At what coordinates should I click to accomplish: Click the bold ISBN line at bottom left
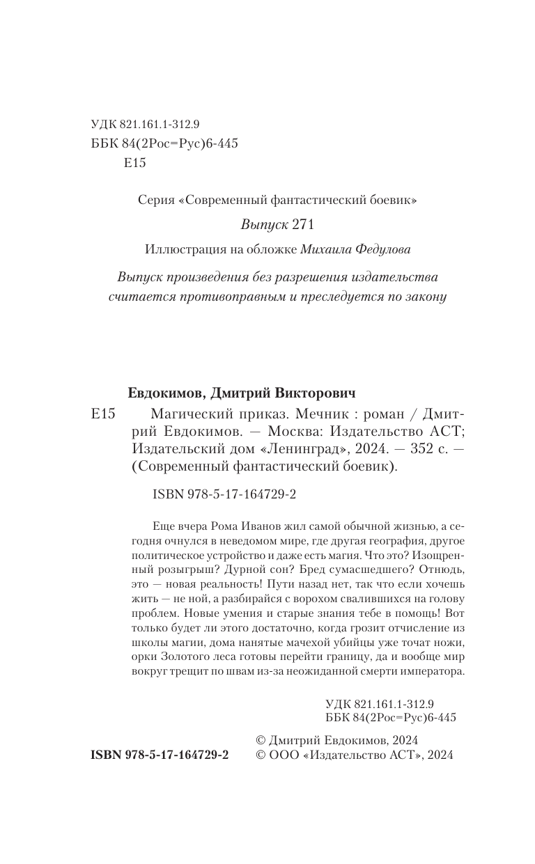160,755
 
